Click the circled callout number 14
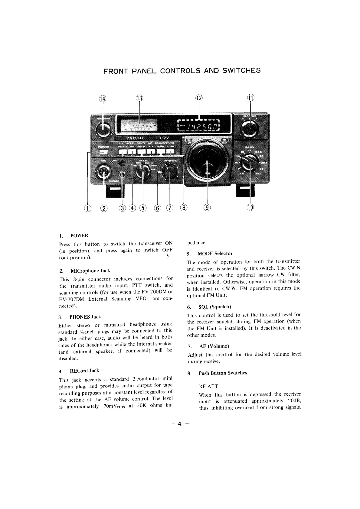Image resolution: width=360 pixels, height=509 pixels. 103,99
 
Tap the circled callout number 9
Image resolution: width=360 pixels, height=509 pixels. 207,208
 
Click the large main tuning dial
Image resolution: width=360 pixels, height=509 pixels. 207,160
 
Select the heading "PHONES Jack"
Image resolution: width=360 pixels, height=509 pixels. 85,317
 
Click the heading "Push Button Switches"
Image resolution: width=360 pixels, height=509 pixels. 223,373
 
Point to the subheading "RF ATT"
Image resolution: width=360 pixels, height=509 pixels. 208,386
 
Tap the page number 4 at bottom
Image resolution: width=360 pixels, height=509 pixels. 179,424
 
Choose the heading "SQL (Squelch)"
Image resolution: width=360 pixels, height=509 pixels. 214,307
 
